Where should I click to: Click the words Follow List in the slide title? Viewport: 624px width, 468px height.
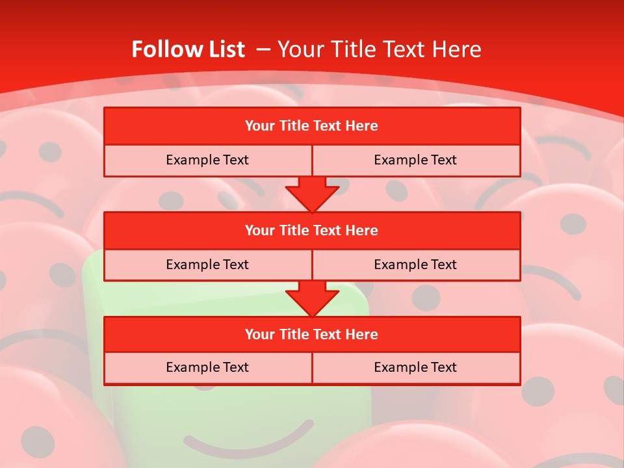click(188, 49)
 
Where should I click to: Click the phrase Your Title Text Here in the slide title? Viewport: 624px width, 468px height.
click(380, 49)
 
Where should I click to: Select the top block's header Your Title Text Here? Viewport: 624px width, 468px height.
click(311, 126)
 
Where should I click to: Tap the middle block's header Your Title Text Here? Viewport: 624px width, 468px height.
click(311, 230)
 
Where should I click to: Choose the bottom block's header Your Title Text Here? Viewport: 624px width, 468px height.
click(311, 334)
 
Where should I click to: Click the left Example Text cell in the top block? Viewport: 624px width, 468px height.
click(207, 160)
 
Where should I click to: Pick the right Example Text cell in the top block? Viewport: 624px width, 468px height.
click(415, 160)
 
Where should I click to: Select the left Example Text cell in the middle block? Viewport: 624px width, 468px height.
click(207, 265)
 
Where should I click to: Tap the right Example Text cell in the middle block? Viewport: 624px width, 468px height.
click(415, 265)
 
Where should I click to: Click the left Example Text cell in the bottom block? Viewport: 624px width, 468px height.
click(207, 367)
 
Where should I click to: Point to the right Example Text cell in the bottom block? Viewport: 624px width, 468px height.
click(415, 367)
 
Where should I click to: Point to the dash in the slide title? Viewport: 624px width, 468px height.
click(264, 49)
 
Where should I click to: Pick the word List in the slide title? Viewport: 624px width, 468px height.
click(224, 49)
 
